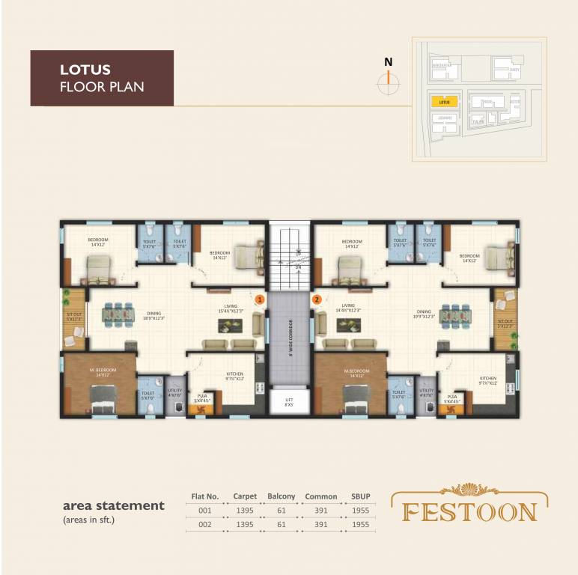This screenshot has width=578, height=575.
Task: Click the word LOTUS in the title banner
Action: pos(85,70)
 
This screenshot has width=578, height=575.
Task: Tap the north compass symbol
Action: pos(388,84)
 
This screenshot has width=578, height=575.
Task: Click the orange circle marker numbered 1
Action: pos(259,299)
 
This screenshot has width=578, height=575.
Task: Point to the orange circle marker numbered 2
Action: pos(317,299)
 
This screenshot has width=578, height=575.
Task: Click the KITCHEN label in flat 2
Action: pos(488,380)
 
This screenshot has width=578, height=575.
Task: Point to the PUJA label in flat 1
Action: pos(201,398)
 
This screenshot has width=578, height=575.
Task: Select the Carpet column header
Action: pos(245,496)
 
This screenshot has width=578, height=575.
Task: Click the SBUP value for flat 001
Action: pos(361,511)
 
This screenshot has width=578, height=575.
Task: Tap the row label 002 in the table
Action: pos(204,525)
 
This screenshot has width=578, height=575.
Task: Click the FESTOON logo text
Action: pos(471,512)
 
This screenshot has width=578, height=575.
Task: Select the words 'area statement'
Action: pos(113,505)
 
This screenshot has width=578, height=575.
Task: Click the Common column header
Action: pos(320,496)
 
